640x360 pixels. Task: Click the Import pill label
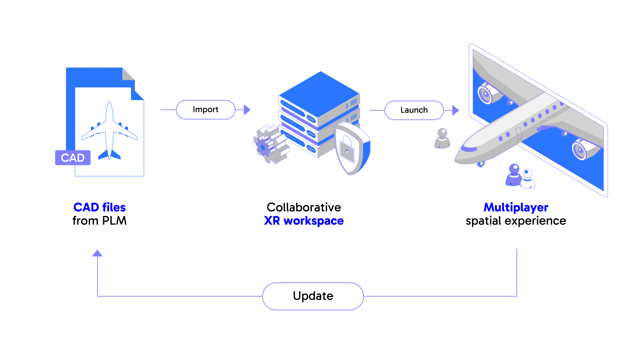coord(205,110)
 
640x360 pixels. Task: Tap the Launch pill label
coord(414,110)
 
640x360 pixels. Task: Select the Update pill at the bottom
coord(313,296)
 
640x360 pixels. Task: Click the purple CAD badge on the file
coord(73,158)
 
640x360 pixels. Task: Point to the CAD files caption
coord(99,207)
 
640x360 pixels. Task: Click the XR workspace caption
coord(304,221)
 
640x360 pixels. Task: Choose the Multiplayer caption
coord(516,207)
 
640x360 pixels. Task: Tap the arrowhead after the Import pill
coord(247,110)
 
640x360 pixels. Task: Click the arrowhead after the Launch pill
coord(456,110)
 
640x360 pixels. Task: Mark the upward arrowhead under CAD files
coord(97,253)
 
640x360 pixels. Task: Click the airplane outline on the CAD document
coord(109,131)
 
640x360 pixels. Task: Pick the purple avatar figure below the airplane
coord(513,176)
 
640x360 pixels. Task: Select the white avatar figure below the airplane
coord(527,180)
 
